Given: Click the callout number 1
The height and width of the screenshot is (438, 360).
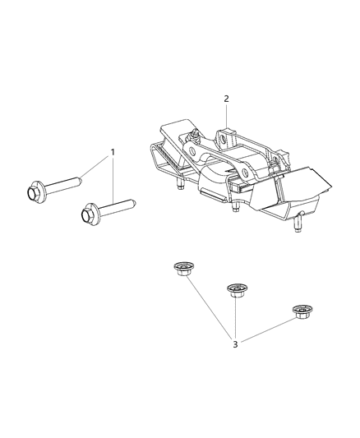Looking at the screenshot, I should click(113, 153).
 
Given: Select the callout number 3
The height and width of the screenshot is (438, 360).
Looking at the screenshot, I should click(235, 343).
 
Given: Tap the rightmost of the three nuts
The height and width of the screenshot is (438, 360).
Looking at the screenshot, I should click(302, 311).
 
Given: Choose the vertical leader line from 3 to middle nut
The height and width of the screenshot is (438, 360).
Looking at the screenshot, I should click(236, 316).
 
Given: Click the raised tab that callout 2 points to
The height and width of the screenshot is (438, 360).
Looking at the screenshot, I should click(228, 134).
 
